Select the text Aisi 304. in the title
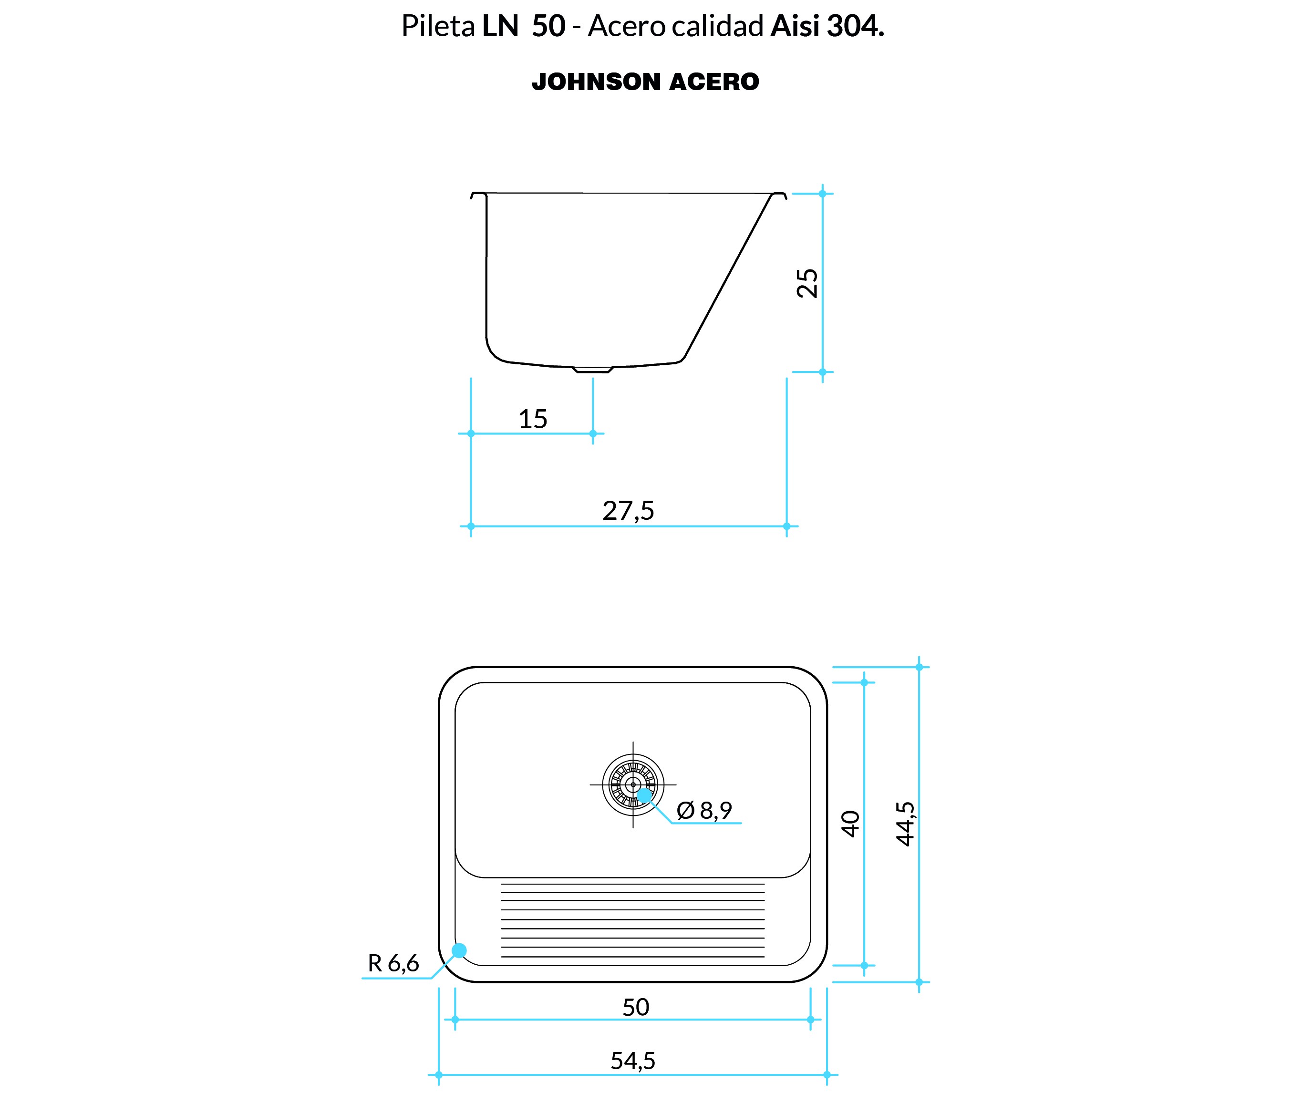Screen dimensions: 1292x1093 [827, 26]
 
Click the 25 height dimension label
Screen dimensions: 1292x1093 [807, 283]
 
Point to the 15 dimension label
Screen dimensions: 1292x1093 [533, 419]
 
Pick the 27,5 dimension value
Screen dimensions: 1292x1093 [628, 511]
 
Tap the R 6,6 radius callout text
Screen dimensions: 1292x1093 [393, 963]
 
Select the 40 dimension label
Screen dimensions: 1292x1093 [851, 824]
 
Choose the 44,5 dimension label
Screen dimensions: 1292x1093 [905, 824]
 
